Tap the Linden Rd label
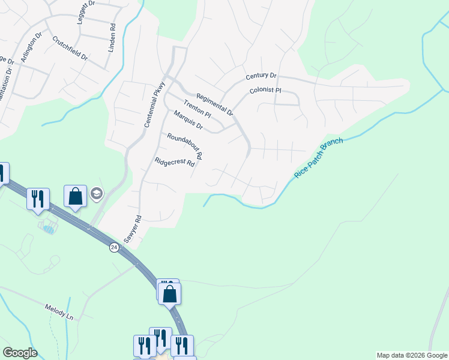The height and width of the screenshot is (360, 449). pos(112,37)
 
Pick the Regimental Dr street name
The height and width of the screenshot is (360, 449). pos(214,100)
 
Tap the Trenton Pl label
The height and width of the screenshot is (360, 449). pos(197,109)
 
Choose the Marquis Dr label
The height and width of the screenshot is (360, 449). pos(188,121)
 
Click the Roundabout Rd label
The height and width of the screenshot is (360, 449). pos(184,146)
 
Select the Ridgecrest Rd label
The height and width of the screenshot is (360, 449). pos(175,162)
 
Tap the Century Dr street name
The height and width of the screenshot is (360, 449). pos(261,76)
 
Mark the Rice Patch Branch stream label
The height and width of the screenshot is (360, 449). pos(319,158)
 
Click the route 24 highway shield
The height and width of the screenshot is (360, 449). pos(114,247)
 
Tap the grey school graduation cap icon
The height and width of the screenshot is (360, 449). pos(96,193)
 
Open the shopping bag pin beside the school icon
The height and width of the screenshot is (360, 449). pos(75,197)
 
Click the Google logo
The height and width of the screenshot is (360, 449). pos(20,353)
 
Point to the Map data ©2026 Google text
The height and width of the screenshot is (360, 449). pos(412,355)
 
